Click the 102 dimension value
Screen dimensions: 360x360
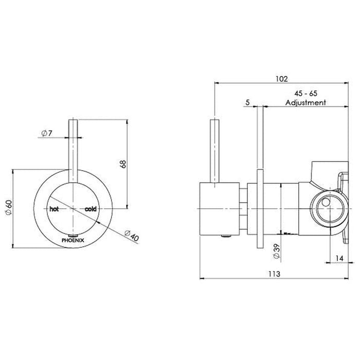pos(281,79)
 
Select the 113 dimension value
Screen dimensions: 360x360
pos(274,274)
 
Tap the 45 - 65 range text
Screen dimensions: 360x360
pos(305,94)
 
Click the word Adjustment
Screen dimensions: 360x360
pos(305,102)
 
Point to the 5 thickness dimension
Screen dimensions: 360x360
pos(247,102)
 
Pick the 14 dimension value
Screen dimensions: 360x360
pos(339,258)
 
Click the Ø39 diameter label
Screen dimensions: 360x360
pos(277,251)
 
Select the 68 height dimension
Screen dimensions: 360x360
pos(123,164)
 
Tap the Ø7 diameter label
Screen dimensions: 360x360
pos(47,133)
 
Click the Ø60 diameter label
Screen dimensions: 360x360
pos(9,207)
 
